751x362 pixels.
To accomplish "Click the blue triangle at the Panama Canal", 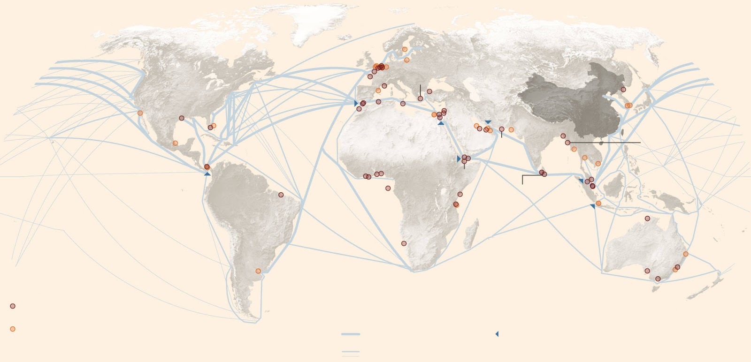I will (x=207, y=174).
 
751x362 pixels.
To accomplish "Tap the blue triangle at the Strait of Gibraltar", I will (x=356, y=103).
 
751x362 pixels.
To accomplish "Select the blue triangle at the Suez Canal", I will (x=440, y=123).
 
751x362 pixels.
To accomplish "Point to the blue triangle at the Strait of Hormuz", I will (x=488, y=122).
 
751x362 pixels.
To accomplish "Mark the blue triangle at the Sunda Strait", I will (x=592, y=206).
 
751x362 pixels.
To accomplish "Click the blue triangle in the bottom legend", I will (x=497, y=334).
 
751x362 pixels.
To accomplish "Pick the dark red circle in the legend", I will (x=13, y=306).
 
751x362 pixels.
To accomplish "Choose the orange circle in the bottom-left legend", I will (x=13, y=329).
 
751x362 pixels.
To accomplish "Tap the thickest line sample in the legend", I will (x=350, y=334).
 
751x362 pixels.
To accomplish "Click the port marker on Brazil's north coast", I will (x=281, y=195).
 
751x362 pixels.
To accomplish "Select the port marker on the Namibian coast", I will (x=404, y=243).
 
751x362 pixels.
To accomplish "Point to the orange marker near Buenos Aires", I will (x=258, y=271).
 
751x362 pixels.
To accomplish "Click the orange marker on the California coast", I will (x=140, y=113).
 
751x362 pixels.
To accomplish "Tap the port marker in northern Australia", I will (x=647, y=219).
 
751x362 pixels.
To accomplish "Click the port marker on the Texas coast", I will (x=182, y=118).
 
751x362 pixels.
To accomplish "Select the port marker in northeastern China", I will (x=623, y=90).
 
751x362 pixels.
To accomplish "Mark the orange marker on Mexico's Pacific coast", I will (x=175, y=143).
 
